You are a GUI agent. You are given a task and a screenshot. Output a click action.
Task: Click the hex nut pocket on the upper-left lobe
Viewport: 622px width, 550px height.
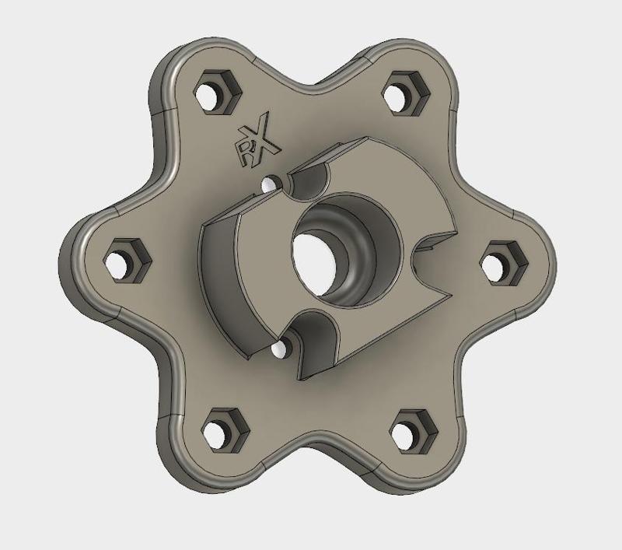[211, 92]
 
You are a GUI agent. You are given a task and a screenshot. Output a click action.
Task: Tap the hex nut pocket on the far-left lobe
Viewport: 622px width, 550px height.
[121, 261]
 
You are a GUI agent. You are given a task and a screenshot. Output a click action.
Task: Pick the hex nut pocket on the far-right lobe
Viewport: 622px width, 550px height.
[494, 261]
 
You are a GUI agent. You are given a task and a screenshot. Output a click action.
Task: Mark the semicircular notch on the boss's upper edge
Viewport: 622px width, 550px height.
[309, 181]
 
